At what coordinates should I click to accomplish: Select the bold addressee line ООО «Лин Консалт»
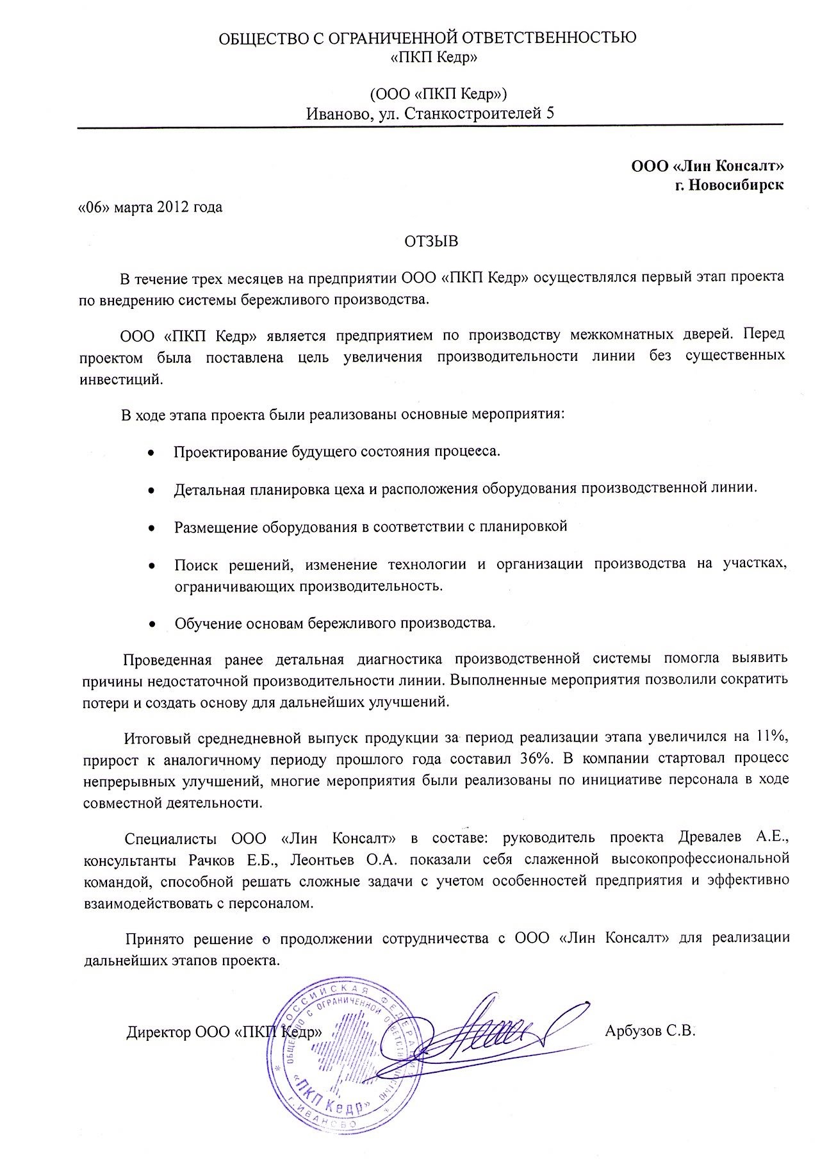click(707, 166)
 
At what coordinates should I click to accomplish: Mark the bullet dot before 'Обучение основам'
click(152, 623)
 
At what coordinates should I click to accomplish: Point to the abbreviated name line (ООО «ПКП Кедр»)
click(439, 94)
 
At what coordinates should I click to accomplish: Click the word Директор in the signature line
click(157, 1032)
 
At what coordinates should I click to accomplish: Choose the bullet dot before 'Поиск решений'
click(151, 566)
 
